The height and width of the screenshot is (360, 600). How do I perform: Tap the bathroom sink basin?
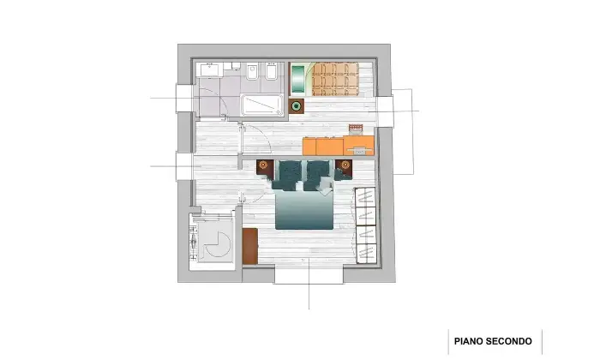(209, 69)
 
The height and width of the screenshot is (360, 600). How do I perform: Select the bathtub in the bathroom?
(262, 105)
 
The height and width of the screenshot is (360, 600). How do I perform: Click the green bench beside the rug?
(297, 79)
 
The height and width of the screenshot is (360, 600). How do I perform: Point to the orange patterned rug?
(335, 79)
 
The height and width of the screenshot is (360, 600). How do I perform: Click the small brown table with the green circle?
(297, 106)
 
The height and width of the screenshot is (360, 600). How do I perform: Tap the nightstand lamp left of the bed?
(263, 165)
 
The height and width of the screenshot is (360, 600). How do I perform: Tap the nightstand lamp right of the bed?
(345, 165)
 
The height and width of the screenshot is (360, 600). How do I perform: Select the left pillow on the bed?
(290, 171)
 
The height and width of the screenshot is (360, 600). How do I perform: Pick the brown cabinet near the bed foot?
(250, 246)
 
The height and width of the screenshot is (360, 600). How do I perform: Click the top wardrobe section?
(366, 198)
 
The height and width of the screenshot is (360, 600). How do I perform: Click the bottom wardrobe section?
(366, 253)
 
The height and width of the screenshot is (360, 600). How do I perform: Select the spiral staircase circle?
(218, 244)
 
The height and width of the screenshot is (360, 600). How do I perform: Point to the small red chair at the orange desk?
(356, 129)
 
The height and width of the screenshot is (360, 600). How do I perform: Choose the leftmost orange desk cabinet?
(309, 147)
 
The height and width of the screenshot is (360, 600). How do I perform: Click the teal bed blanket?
(304, 210)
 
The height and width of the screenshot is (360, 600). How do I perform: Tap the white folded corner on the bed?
(326, 189)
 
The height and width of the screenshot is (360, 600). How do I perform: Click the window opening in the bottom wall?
(309, 276)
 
